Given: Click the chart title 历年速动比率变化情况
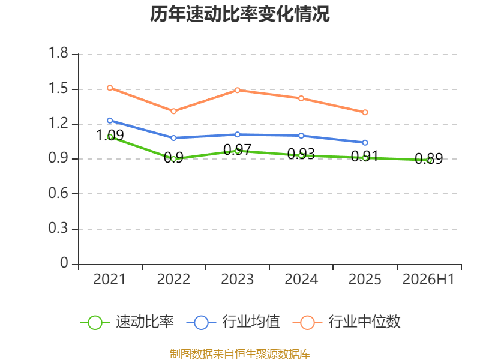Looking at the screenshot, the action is (239, 14).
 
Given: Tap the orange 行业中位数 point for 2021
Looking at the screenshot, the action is (110, 88).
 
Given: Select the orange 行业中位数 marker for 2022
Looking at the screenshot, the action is (173, 111).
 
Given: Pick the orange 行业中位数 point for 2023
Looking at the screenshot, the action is (237, 90).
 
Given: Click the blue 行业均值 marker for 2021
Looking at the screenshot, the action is (110, 121).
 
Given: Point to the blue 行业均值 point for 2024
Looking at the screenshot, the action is (301, 136).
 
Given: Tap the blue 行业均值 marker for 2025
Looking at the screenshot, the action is (365, 143).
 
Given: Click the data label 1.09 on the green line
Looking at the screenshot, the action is (110, 136).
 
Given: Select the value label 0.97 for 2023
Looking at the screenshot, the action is (237, 149).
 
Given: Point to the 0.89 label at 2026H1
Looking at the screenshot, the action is (428, 158).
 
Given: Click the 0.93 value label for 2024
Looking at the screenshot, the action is (301, 154).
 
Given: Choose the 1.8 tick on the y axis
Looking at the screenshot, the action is (58, 53).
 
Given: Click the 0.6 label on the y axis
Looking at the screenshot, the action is (58, 193).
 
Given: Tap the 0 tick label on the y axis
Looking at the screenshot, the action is (64, 263).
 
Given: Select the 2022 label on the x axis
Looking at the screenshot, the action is (173, 280).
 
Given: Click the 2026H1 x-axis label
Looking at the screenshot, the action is (428, 280).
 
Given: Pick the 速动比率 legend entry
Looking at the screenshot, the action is (127, 322).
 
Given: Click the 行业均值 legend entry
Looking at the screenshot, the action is (233, 322).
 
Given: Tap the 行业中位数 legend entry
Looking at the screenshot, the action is (347, 322).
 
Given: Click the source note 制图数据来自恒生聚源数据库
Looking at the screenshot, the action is (239, 354).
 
